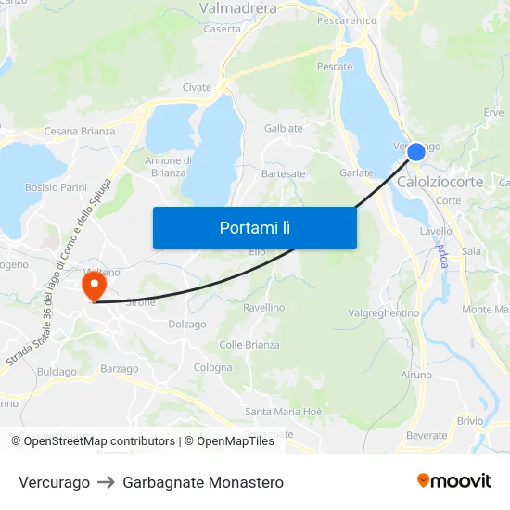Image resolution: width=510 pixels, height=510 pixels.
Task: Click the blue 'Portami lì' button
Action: [254, 227]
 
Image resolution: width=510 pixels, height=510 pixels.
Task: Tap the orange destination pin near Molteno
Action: [94, 286]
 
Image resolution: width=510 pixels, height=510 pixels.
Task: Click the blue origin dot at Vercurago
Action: [415, 151]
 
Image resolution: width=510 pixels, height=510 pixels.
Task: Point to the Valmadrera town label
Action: [238, 8]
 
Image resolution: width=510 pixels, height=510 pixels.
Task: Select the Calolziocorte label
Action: [440, 182]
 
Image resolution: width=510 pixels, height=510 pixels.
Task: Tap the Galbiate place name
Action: [284, 128]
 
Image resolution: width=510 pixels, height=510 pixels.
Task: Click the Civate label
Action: [197, 88]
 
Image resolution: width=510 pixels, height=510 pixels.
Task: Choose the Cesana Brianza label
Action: [80, 132]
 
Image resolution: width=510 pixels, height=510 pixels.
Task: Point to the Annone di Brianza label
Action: [169, 167]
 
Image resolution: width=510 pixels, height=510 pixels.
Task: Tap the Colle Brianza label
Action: [249, 345]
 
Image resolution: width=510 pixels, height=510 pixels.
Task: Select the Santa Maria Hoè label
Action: [284, 412]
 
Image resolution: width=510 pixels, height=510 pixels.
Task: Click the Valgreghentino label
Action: [383, 313]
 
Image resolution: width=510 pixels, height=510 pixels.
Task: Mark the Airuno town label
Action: [416, 375]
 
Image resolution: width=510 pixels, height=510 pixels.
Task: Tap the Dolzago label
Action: [186, 325]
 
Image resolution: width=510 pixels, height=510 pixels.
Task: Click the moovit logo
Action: [454, 480]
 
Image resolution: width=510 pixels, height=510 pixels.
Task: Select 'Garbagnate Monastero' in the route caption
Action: [203, 482]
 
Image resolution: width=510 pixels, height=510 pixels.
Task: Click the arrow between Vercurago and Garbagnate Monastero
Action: [106, 482]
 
